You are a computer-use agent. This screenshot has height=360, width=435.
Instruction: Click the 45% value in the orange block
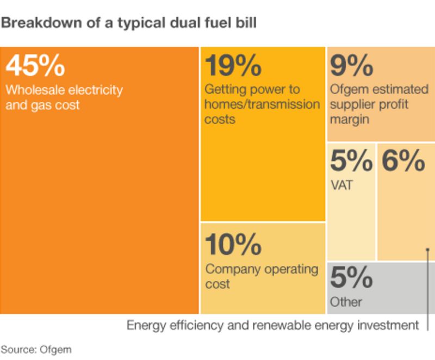(x=35, y=66)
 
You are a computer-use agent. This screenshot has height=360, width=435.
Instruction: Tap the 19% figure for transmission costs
(x=233, y=66)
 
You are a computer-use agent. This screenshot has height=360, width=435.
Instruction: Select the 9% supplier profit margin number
(x=351, y=66)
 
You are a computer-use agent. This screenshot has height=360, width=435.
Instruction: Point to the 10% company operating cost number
(x=233, y=245)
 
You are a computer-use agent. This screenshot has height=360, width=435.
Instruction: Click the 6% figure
(x=403, y=161)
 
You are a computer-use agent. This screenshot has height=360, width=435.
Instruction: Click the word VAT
(x=341, y=185)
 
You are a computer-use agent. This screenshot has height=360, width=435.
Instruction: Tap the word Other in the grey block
(x=346, y=302)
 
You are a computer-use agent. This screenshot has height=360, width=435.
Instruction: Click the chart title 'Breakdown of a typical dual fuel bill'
(x=129, y=23)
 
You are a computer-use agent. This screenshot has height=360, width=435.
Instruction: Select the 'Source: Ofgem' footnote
(x=36, y=349)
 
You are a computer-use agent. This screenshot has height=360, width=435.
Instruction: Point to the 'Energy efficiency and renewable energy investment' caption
(x=273, y=326)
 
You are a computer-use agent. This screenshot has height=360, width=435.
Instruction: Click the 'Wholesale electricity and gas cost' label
(x=64, y=97)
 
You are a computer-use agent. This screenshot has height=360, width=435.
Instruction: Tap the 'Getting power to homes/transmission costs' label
(x=262, y=104)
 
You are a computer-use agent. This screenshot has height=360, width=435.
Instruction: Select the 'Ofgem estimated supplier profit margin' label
(x=379, y=104)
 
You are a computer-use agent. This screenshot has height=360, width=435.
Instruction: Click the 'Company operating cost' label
(x=261, y=276)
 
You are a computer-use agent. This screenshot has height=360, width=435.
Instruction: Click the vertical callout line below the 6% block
(x=428, y=294)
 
